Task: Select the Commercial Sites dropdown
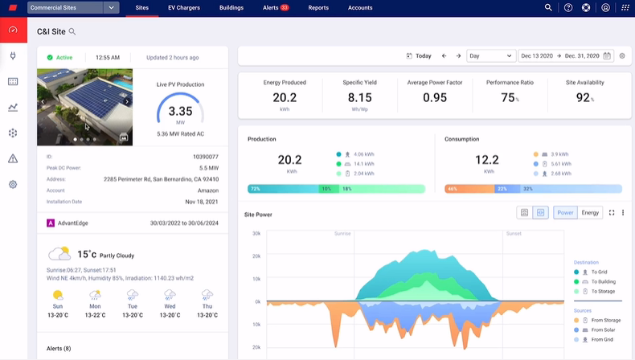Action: click(72, 7)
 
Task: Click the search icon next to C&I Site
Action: click(72, 31)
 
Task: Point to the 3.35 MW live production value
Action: click(180, 112)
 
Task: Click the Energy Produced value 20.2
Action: click(285, 97)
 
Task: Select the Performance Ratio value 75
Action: click(508, 97)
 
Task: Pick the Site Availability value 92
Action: click(584, 97)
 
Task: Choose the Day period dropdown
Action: click(490, 56)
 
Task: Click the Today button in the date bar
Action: click(420, 56)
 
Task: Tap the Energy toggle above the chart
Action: click(590, 213)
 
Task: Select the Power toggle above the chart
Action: click(565, 213)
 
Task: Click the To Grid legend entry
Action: click(599, 272)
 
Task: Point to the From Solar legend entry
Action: click(603, 330)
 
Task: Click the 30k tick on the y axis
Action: click(256, 234)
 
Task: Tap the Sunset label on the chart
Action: click(513, 234)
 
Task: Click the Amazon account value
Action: click(207, 190)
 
